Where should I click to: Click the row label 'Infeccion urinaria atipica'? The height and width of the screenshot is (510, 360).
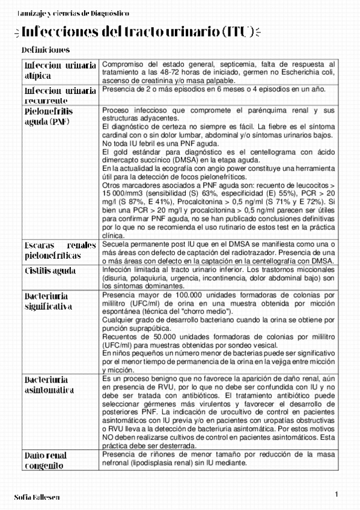pos(59,70)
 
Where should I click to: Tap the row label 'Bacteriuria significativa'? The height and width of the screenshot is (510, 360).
pos(54,301)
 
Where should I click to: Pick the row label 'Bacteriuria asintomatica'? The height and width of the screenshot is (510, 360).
pos(54,385)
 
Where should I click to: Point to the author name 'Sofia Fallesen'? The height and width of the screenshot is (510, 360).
pos(37,497)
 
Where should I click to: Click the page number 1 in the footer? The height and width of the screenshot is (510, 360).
pos(337,494)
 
